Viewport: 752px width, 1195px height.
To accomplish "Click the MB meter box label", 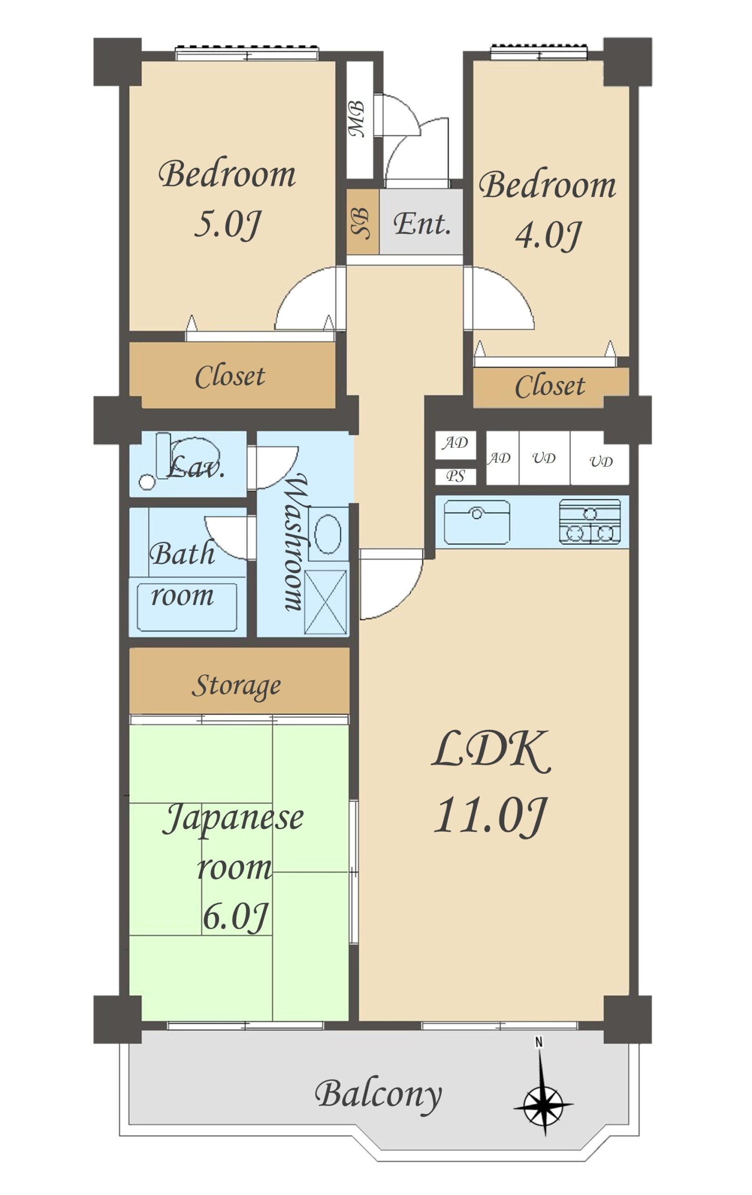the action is tap(357, 119).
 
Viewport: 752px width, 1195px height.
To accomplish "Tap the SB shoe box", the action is tap(362, 222).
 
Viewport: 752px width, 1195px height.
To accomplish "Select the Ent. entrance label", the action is tap(422, 223).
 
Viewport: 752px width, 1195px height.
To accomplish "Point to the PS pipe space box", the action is tap(455, 477).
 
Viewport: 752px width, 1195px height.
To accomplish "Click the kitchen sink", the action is tap(477, 522).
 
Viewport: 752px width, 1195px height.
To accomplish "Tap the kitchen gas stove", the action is tap(590, 521).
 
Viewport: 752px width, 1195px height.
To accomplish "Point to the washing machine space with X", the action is tap(326, 602).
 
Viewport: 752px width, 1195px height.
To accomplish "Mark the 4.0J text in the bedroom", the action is tap(547, 235).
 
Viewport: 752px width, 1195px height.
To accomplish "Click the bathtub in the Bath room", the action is tap(187, 607).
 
